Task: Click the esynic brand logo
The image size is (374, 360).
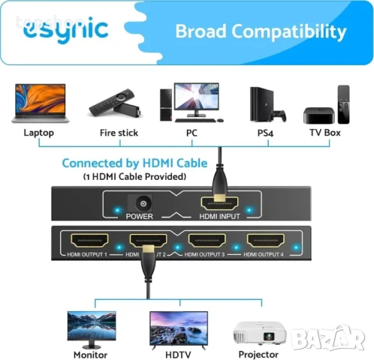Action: [65, 29]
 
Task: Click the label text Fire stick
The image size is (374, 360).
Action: [119, 133]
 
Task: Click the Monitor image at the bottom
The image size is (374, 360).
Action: [92, 325]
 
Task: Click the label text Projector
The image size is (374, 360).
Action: [258, 353]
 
